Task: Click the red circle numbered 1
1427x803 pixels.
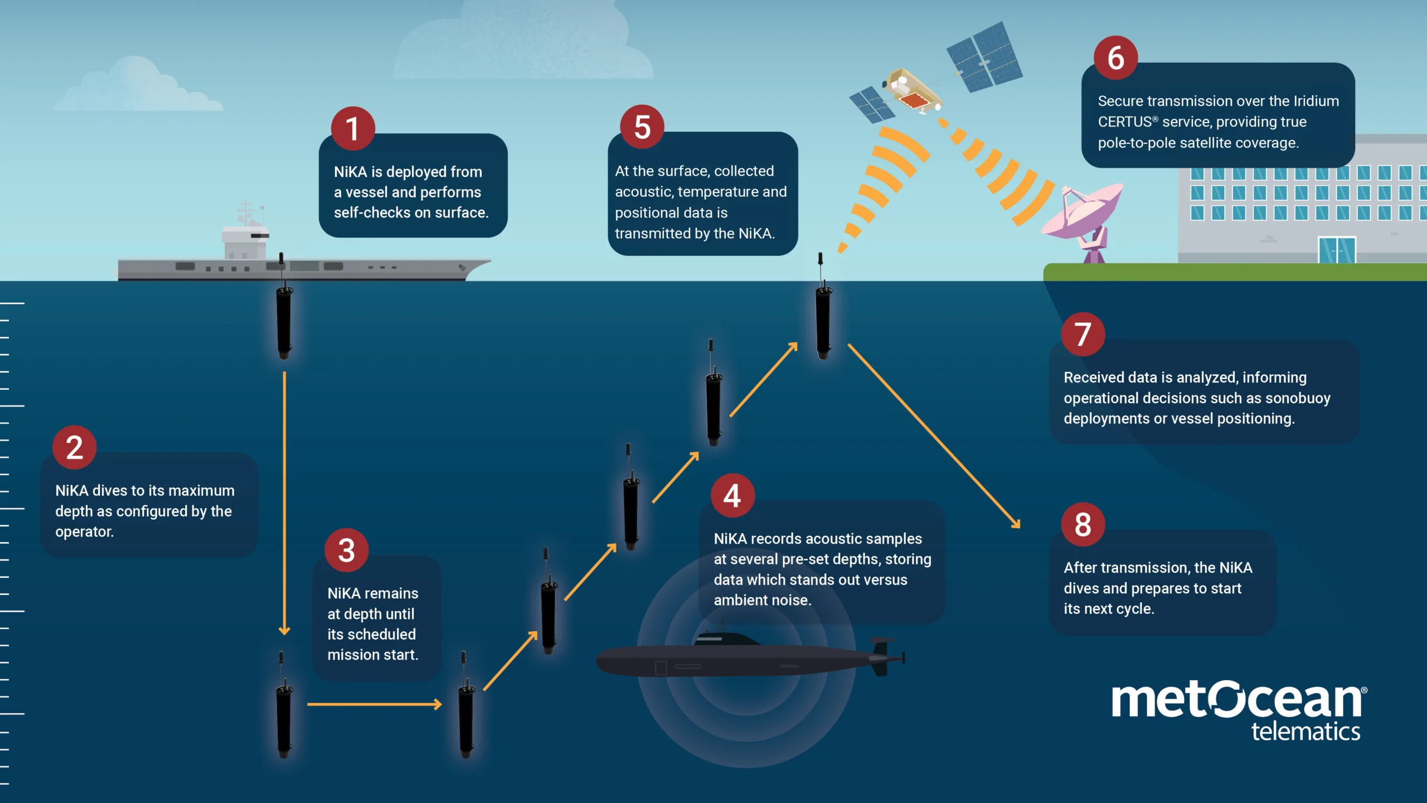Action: click(x=352, y=128)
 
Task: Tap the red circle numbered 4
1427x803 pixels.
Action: click(x=732, y=495)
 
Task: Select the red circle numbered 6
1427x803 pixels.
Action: click(x=1115, y=58)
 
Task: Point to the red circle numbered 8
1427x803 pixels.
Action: click(x=1083, y=524)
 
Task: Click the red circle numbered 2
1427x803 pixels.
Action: click(x=75, y=447)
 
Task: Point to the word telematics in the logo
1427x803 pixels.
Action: click(x=1305, y=732)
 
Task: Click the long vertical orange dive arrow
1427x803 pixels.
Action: click(x=284, y=502)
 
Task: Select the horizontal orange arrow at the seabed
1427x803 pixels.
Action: click(x=373, y=705)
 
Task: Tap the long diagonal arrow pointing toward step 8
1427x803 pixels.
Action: click(x=934, y=436)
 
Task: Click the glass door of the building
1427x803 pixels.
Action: click(x=1337, y=250)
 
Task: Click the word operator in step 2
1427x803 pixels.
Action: click(x=84, y=532)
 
